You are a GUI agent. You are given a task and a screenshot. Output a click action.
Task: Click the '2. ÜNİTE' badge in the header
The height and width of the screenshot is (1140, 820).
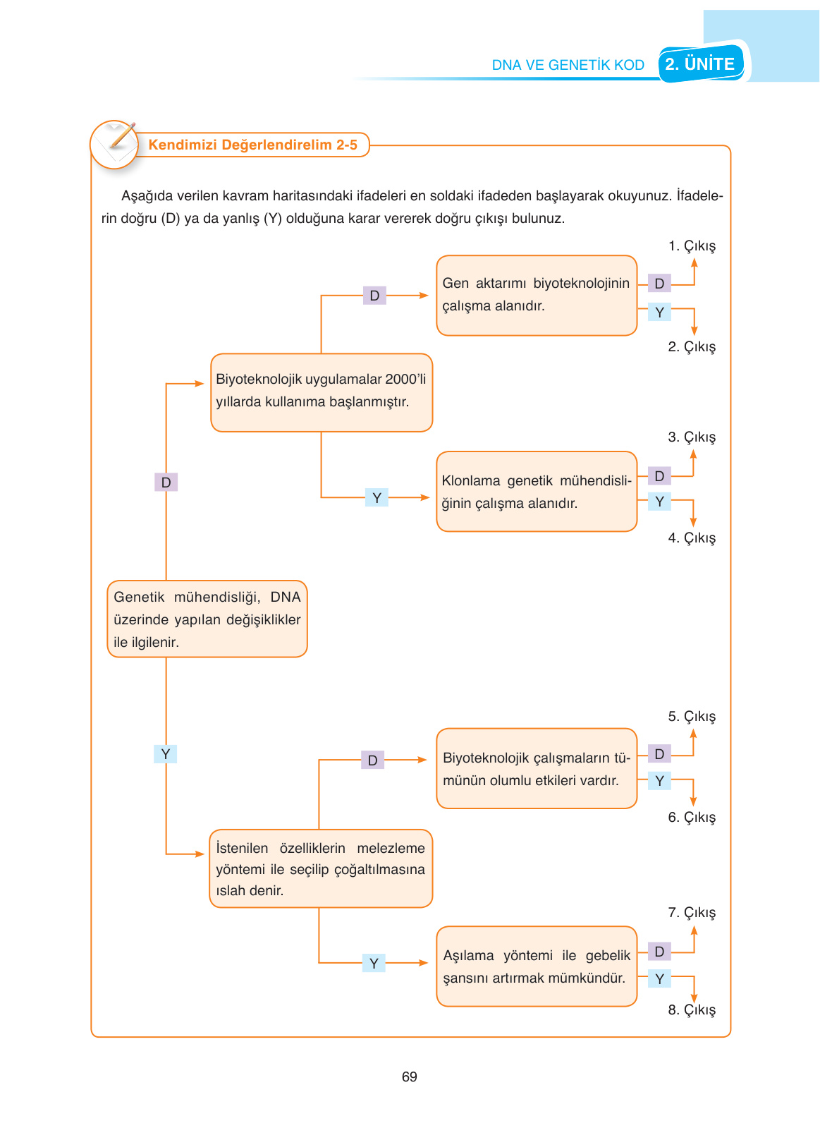[700, 64]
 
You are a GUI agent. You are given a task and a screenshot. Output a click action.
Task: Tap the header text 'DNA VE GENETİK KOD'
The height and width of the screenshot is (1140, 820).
[568, 65]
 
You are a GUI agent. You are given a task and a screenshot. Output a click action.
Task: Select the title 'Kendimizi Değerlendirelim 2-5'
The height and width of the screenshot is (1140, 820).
[252, 145]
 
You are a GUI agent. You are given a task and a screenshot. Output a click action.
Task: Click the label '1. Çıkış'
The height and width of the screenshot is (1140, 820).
[692, 246]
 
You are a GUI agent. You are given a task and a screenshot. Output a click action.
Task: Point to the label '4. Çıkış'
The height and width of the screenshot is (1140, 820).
[692, 538]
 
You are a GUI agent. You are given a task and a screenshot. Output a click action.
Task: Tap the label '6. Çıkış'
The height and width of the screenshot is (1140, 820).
[692, 818]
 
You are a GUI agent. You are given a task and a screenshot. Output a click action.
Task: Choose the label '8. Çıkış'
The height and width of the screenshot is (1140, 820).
[692, 1010]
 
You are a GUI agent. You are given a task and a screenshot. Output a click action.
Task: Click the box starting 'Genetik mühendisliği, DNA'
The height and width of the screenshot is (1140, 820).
[207, 619]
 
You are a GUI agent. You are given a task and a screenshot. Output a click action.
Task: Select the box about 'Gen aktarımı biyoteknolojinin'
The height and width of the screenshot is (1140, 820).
[536, 295]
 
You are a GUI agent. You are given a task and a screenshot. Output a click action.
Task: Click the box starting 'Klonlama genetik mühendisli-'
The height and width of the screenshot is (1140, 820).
[536, 492]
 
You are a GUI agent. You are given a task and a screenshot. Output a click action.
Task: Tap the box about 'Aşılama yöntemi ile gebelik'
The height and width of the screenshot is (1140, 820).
[536, 966]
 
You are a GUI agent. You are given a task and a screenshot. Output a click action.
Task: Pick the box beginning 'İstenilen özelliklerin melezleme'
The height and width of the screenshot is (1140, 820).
[320, 869]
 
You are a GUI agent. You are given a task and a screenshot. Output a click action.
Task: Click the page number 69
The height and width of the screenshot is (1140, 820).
[409, 1077]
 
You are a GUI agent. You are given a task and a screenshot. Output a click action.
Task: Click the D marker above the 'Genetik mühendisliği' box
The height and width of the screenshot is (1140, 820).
[166, 483]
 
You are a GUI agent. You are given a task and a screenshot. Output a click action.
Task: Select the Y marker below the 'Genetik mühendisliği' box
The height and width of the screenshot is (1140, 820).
[165, 754]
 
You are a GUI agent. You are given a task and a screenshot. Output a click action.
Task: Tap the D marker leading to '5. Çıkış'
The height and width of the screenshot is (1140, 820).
[659, 754]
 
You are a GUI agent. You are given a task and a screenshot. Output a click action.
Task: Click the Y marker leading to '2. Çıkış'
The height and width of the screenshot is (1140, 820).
[659, 312]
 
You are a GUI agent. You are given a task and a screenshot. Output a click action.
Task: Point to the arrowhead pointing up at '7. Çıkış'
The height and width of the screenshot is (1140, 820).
[694, 930]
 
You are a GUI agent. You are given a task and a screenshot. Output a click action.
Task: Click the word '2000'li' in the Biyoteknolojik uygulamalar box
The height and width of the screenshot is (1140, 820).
[405, 380]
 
